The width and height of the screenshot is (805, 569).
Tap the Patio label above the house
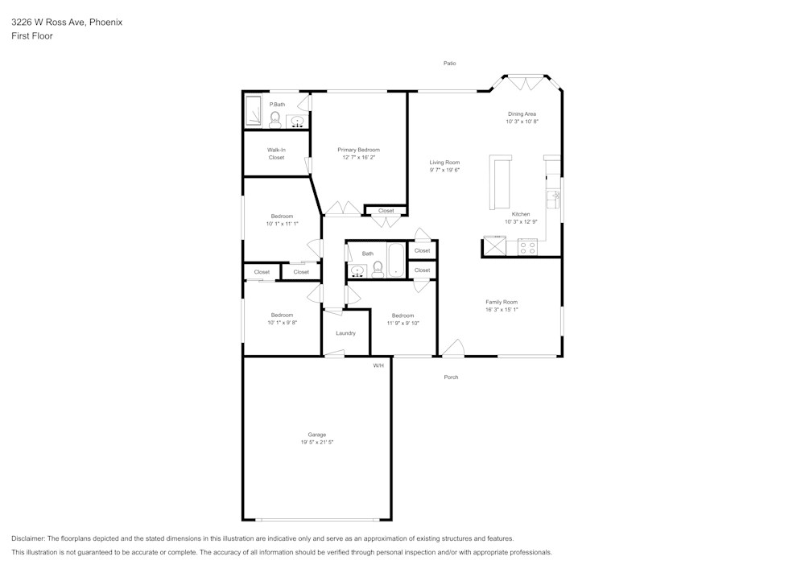450,63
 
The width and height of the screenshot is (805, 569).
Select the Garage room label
316,435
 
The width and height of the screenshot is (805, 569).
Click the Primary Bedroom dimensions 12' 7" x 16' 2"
358,158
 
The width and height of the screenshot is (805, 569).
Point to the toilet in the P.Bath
275,121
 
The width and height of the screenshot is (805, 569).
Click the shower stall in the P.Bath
254,111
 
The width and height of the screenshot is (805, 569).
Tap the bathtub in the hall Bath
396,259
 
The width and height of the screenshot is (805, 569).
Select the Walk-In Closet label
276,153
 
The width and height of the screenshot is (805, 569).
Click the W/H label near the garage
378,365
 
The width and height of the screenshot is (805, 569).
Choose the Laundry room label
345,333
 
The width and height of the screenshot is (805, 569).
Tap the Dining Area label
522,114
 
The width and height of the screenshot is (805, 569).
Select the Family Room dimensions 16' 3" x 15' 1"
501,309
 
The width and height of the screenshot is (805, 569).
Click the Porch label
451,377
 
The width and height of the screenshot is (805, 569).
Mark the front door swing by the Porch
453,348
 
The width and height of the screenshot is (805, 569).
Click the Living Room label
444,163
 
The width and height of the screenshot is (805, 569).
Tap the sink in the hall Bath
357,270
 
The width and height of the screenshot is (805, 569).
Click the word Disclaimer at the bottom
29,538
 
